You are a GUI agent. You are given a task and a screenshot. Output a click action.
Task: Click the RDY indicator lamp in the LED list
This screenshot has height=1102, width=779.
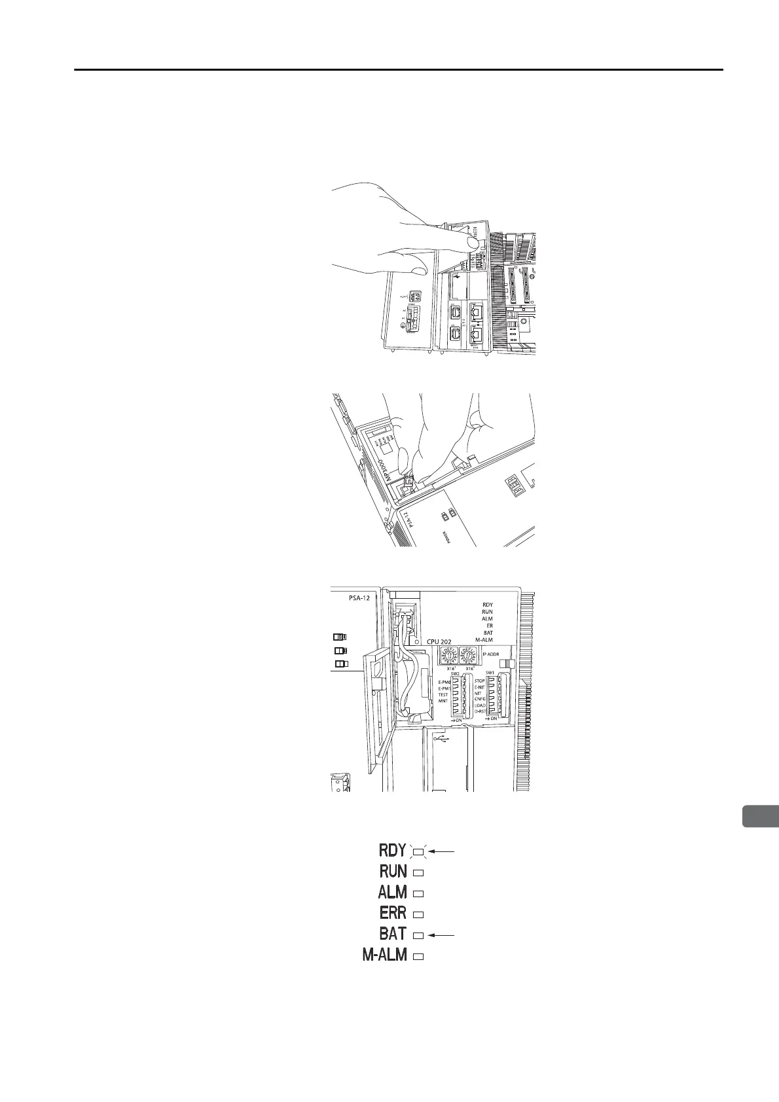(x=419, y=851)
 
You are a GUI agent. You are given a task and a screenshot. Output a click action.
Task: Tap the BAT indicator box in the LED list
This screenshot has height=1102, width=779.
(x=420, y=935)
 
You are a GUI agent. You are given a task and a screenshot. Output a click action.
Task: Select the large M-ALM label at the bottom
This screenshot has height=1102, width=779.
(x=384, y=955)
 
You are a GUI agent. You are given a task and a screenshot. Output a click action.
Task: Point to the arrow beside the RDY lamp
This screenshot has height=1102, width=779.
(x=444, y=851)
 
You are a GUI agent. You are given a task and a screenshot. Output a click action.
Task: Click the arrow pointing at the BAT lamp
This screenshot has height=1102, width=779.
(x=440, y=935)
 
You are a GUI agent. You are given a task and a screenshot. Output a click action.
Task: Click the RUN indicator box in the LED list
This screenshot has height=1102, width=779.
(x=420, y=872)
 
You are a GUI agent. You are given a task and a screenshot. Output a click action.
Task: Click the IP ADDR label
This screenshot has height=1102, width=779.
(x=491, y=653)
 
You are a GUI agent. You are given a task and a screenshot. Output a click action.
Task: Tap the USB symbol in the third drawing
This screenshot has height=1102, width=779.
(x=443, y=738)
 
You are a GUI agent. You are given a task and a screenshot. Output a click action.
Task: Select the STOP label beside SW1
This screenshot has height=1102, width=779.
(x=479, y=681)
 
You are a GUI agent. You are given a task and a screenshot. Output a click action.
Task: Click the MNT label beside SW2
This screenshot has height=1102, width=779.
(x=443, y=701)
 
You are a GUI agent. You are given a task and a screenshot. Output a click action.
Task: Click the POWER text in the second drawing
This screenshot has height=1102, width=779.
(x=446, y=538)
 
